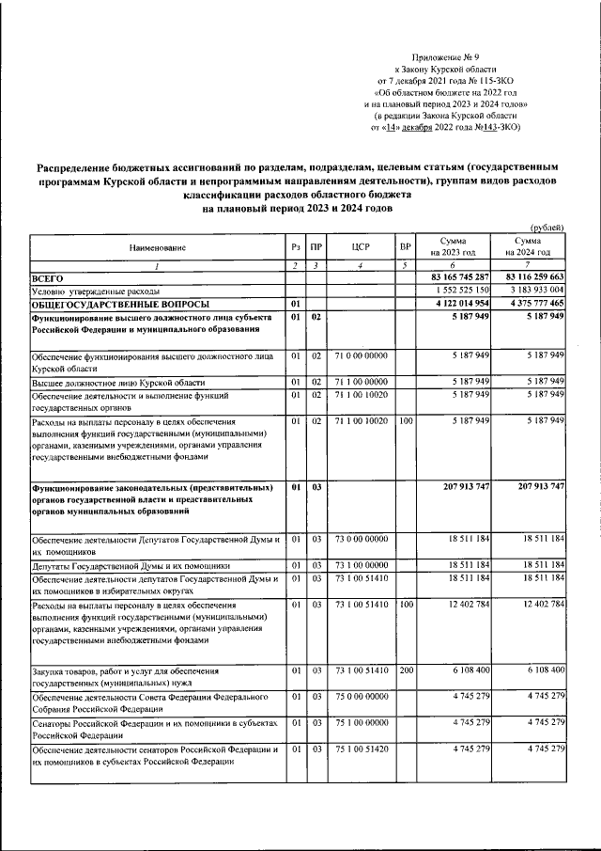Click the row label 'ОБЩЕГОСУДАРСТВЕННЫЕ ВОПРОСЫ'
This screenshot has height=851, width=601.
[111, 305]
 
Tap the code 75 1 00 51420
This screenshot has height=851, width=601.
[362, 749]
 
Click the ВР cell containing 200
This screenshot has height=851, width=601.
[406, 670]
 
